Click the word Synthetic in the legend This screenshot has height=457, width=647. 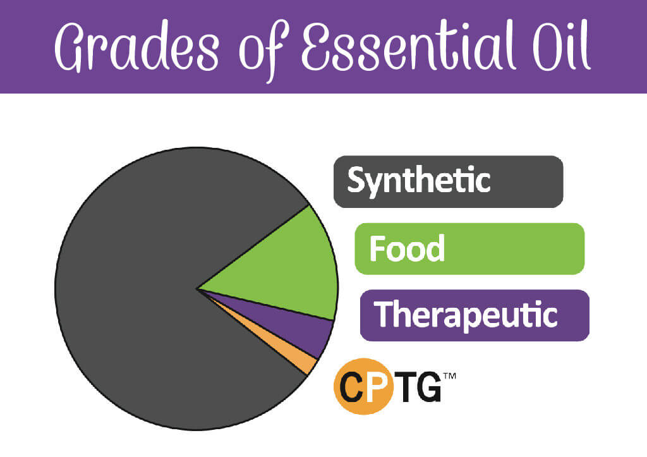click(419, 181)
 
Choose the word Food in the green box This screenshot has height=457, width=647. click(407, 248)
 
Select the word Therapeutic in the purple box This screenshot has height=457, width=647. click(466, 315)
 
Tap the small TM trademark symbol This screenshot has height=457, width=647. click(449, 375)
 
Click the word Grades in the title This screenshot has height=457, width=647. click(136, 47)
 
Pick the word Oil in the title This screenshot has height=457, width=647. click(562, 46)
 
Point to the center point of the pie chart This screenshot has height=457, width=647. click(198, 289)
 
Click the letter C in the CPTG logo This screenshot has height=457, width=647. click(351, 386)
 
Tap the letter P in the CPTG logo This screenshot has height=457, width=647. click(377, 386)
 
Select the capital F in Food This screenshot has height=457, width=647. click(377, 248)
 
